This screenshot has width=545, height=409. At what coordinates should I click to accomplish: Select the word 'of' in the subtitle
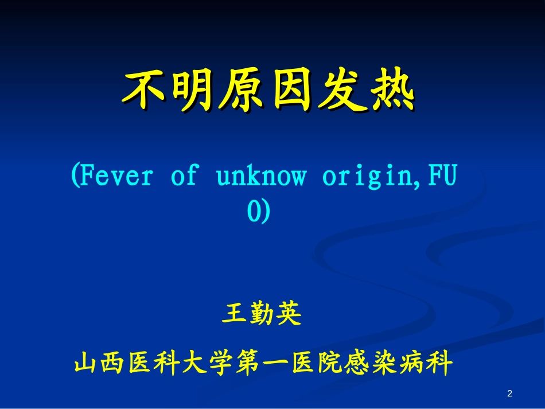pos(183,176)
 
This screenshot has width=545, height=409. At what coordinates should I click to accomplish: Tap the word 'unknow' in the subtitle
pos(261,176)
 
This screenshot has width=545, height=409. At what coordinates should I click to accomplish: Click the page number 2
pos(509,394)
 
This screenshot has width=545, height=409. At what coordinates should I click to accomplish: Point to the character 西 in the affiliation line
pos(113,363)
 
